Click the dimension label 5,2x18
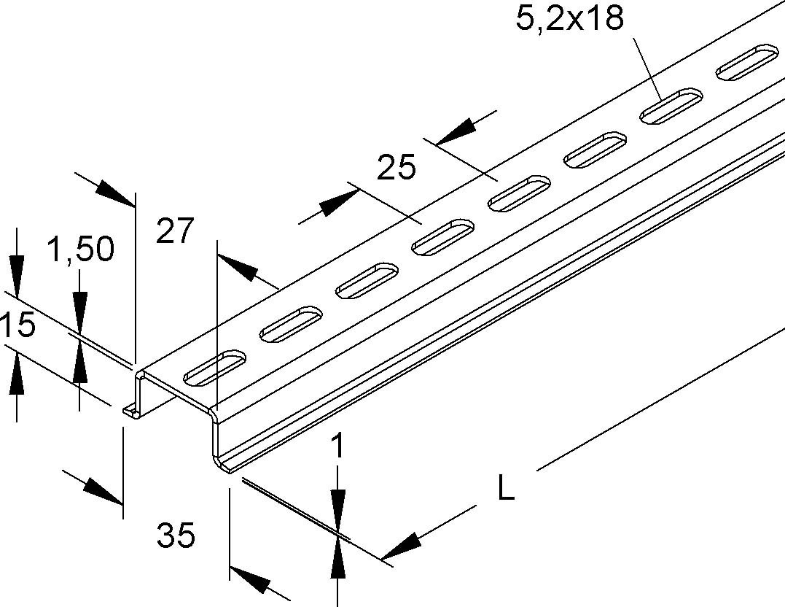570,18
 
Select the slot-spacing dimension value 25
396,167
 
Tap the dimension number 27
174,231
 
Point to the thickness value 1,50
81,249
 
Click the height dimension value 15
17,325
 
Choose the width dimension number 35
176,535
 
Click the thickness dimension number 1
338,446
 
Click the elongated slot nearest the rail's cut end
215,368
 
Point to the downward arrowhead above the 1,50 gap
79,312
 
